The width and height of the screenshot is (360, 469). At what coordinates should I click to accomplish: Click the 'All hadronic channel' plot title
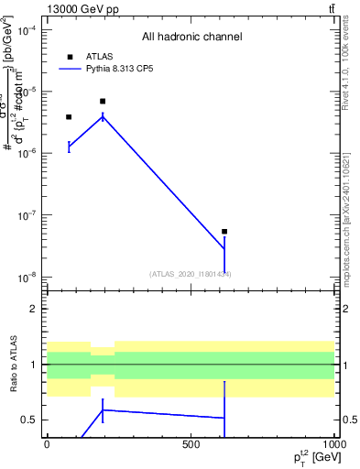tap(191, 38)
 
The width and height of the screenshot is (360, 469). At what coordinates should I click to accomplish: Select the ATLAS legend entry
tap(87, 56)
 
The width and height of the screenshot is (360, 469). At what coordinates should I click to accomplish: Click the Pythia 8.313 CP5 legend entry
tap(105, 68)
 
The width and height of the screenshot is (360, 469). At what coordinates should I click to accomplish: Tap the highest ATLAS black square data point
tap(103, 102)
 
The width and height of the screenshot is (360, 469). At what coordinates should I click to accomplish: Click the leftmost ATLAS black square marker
tap(69, 117)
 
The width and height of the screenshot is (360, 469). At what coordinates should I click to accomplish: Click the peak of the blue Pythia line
tap(103, 116)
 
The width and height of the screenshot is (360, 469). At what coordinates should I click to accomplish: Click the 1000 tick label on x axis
tap(333, 444)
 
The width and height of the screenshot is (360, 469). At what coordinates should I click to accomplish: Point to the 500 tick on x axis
tap(191, 444)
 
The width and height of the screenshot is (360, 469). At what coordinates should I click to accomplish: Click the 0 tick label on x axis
tap(47, 444)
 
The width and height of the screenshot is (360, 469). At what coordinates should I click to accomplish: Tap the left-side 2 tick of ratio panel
tap(35, 309)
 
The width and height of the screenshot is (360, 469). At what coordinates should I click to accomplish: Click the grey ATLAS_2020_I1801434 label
tap(191, 274)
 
